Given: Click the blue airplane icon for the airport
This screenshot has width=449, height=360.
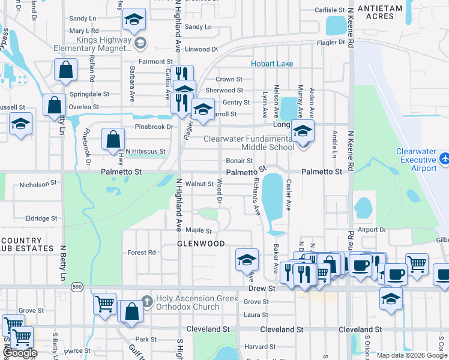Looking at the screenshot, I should (444, 159).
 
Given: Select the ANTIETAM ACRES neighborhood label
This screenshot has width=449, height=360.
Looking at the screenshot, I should (384, 12).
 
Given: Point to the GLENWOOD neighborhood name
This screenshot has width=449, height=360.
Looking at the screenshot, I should (200, 244).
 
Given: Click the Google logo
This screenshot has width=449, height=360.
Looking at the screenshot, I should (20, 353).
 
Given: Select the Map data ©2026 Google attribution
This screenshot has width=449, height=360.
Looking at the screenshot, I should (411, 355).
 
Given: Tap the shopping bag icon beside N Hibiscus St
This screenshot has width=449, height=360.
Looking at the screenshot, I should (113, 140).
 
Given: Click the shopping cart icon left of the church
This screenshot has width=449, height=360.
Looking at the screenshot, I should (105, 304).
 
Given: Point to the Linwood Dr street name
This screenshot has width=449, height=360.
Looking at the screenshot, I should (201, 49).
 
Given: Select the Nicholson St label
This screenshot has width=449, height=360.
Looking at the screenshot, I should (38, 185).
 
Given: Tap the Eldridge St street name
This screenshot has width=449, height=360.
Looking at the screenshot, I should (41, 219).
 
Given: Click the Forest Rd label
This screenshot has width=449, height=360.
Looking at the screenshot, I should (142, 253).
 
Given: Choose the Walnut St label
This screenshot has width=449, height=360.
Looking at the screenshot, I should (199, 184).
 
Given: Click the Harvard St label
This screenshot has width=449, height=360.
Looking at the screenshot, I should (259, 347).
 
